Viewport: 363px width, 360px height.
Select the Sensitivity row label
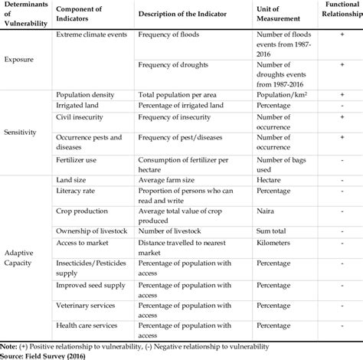22,132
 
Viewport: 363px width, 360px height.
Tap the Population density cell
85,94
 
